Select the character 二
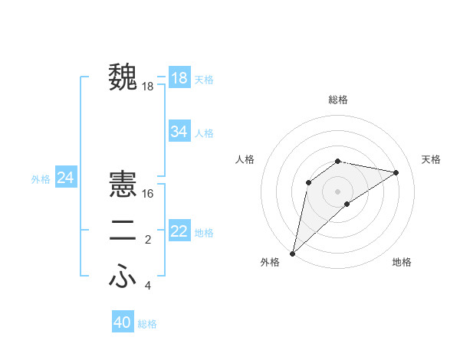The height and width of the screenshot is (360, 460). (x=123, y=231)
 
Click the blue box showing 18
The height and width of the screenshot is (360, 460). (x=179, y=78)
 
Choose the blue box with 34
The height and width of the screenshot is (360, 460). (x=179, y=132)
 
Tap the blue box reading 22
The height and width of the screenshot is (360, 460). (x=179, y=231)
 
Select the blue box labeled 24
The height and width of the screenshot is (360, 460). (x=65, y=178)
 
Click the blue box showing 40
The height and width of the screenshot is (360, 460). (x=122, y=322)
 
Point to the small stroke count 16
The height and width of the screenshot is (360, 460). (x=148, y=194)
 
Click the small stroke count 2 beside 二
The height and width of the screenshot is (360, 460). (x=148, y=241)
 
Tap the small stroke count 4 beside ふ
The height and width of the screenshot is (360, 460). (x=148, y=286)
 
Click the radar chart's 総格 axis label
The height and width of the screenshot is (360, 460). (x=337, y=100)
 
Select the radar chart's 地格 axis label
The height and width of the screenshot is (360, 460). (x=402, y=262)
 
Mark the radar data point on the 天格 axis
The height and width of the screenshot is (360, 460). (x=396, y=172)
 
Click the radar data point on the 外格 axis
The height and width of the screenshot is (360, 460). (x=293, y=253)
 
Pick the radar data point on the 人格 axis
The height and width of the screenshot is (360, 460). (x=309, y=182)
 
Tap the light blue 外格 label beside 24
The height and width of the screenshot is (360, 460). (x=41, y=179)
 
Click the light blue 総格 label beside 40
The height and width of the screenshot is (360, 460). (x=147, y=324)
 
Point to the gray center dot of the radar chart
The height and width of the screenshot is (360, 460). (x=337, y=191)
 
